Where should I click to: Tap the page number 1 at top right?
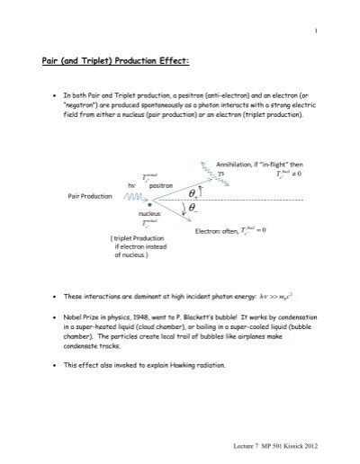(317, 31)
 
